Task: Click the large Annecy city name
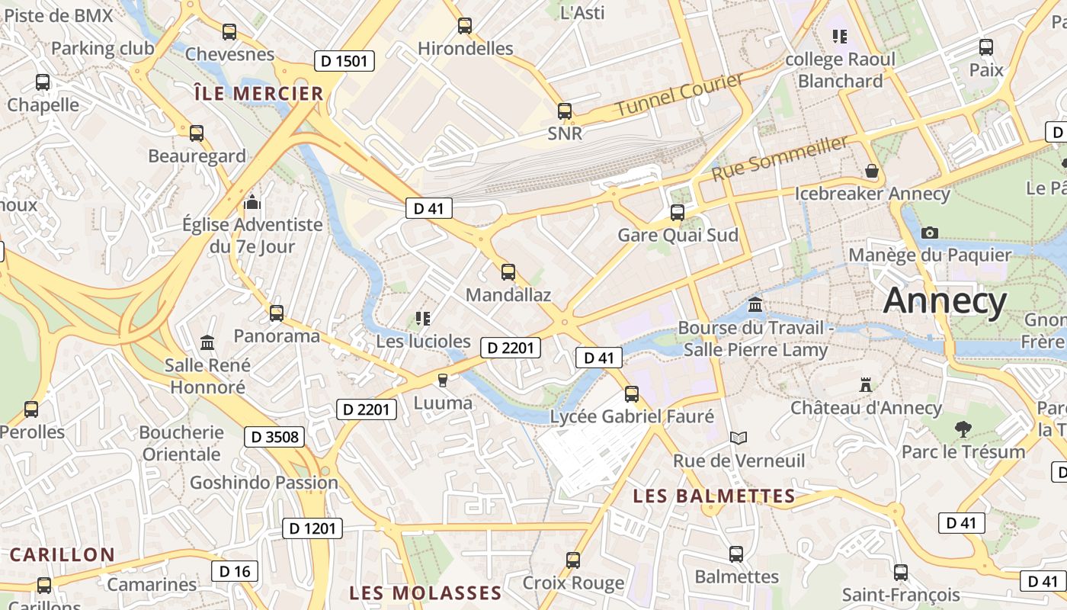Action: (945, 301)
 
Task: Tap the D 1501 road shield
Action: (344, 61)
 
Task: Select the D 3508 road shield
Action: (274, 437)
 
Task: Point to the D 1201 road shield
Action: (312, 528)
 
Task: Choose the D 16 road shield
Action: (235, 570)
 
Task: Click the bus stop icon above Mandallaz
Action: (508, 271)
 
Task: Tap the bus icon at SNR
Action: (565, 111)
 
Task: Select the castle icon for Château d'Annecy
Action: (865, 384)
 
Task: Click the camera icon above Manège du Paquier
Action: (929, 233)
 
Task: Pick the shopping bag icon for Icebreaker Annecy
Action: (872, 172)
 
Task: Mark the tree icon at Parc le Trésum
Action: (963, 429)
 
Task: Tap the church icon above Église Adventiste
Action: (252, 203)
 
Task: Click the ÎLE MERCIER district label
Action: (259, 94)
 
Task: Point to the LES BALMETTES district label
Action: (714, 496)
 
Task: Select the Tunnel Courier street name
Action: (678, 95)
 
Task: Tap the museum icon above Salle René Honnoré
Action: (207, 343)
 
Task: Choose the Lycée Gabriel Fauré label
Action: (632, 416)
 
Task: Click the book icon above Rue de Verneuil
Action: (738, 438)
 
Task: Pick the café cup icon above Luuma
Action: (442, 380)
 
